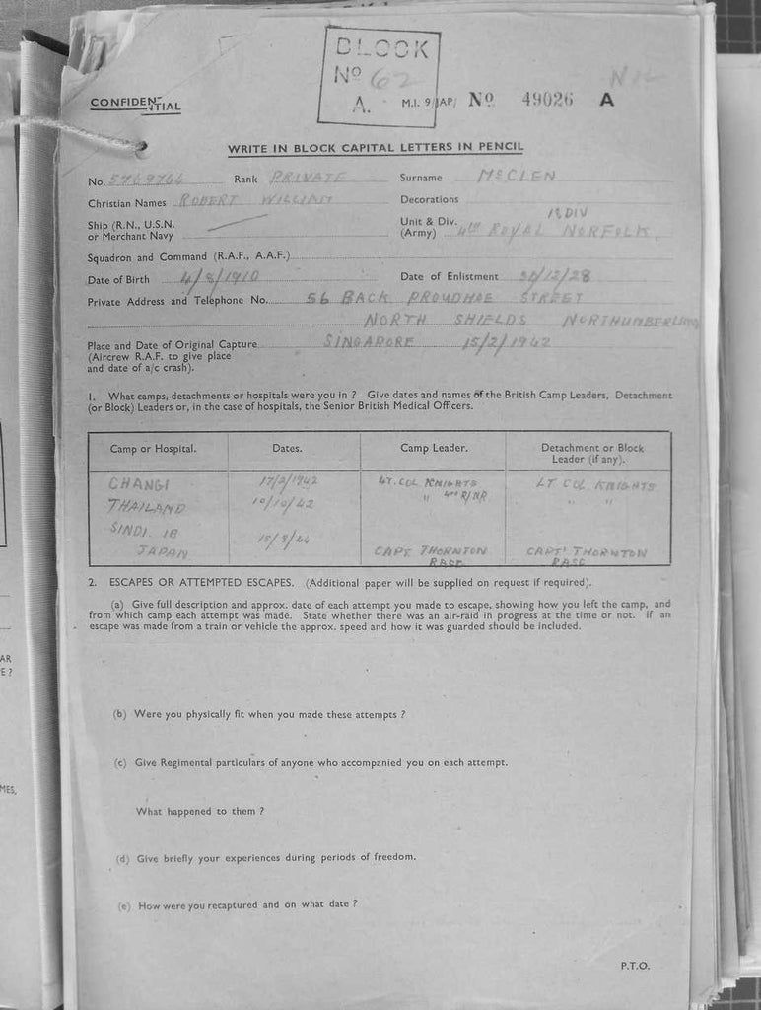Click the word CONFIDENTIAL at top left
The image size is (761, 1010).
(135, 104)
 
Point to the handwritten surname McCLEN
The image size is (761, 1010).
(516, 177)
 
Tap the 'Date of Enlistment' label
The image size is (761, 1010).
(449, 277)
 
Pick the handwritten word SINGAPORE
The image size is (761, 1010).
(370, 342)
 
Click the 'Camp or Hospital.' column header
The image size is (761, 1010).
(153, 449)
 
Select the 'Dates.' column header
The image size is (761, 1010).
(287, 449)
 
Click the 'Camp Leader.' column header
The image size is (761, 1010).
(434, 448)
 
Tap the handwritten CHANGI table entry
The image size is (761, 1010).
(139, 485)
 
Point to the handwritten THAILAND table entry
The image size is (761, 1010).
(147, 509)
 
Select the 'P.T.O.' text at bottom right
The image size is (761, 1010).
(635, 966)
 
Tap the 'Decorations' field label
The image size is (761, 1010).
(429, 200)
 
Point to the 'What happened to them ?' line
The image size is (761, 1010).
(200, 811)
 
